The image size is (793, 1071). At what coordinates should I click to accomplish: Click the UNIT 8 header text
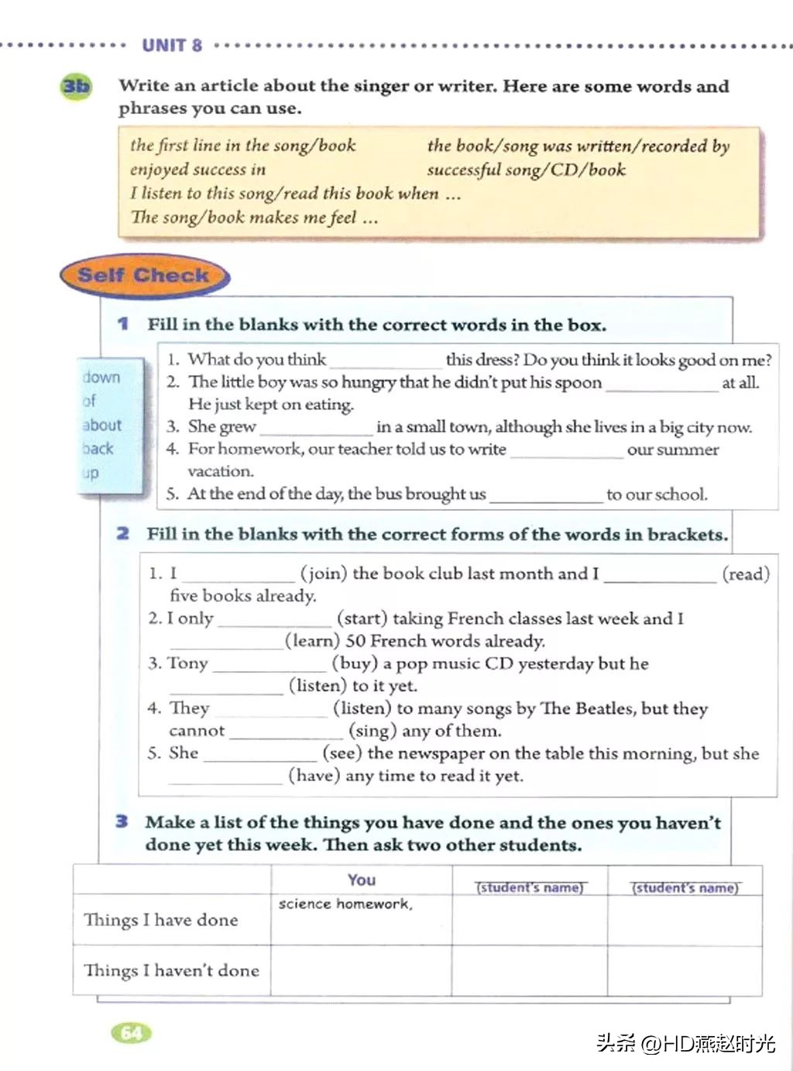(172, 45)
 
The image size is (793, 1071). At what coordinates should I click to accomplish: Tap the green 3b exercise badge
(76, 86)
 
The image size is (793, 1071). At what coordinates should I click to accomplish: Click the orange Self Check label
(143, 275)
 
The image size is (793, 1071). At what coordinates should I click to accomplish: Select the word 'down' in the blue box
(102, 377)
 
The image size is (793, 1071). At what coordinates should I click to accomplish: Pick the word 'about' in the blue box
(102, 425)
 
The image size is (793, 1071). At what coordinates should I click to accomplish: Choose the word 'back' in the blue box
(98, 449)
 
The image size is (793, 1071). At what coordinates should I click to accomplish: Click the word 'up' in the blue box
(91, 473)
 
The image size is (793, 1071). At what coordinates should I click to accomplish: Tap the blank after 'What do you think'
(385, 361)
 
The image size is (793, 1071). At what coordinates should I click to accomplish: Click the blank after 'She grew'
(316, 428)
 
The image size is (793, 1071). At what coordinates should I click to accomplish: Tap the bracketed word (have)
(314, 776)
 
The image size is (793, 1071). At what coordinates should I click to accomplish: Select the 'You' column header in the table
(362, 880)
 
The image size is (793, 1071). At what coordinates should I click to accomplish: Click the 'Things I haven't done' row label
(171, 970)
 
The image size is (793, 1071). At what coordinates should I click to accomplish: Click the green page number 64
(132, 1032)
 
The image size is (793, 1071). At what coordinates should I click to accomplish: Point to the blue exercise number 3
(122, 821)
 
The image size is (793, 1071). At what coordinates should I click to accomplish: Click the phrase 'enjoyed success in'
(197, 170)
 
